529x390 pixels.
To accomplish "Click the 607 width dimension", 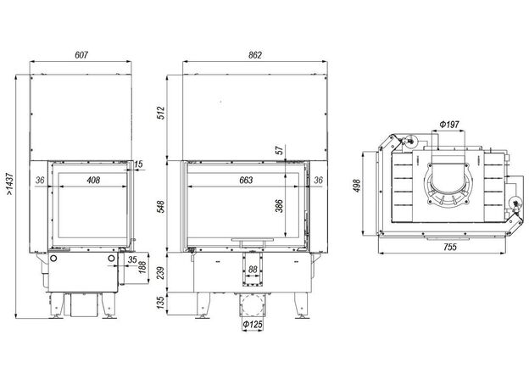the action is coord(81,54).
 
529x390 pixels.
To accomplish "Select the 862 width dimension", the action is coord(255,54).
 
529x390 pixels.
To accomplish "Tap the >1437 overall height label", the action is coord(9,184).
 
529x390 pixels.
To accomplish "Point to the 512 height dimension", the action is coord(161,113).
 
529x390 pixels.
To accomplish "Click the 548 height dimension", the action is coord(161,206).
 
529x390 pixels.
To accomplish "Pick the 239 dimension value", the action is coord(161,273).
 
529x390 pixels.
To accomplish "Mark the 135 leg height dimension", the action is coord(161,303).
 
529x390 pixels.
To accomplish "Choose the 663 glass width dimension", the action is coord(246,180).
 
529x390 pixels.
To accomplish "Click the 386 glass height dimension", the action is coord(280,206).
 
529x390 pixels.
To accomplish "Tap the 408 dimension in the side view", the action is coord(93,180).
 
